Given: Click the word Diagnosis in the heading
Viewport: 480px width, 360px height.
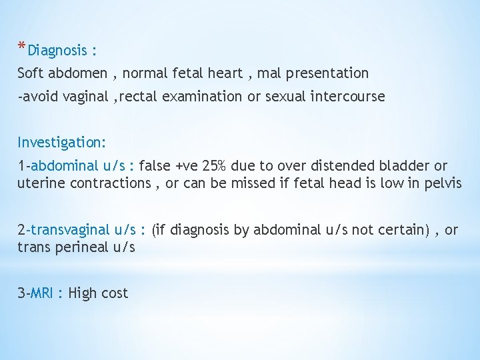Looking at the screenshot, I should point(58,51).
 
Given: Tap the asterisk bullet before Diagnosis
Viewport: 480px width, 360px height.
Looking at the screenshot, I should point(22,47).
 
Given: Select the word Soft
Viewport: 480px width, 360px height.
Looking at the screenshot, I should point(30,73).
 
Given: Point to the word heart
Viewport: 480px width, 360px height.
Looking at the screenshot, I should point(226,73).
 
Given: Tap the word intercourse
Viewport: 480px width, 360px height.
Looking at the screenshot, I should point(345,96).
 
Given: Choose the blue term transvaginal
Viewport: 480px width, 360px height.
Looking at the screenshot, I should point(70,230).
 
